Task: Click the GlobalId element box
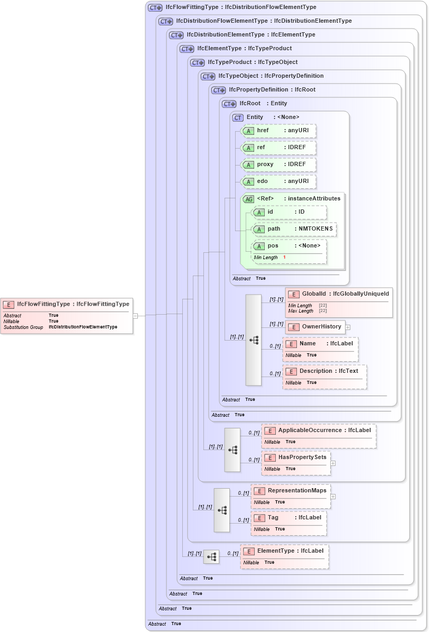(339, 294)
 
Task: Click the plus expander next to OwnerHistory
(348, 327)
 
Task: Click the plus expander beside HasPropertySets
(333, 463)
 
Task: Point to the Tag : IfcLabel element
(288, 517)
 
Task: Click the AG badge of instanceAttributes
(248, 199)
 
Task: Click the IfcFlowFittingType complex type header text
(241, 7)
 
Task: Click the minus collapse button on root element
(136, 316)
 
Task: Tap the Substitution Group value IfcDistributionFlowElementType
(83, 327)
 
